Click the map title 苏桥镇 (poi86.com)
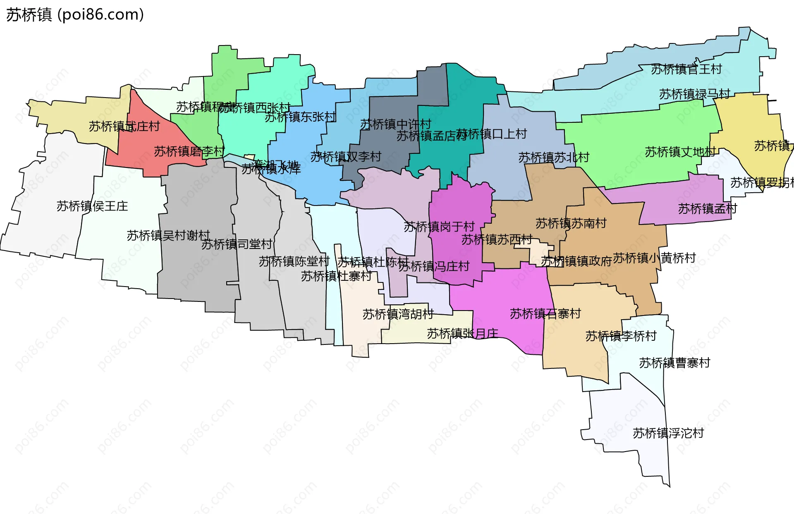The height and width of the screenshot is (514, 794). tap(75, 15)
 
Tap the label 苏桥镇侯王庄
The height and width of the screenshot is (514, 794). tap(92, 206)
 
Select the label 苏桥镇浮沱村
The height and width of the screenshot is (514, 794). tap(668, 433)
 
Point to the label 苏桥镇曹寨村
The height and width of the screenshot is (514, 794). tap(674, 363)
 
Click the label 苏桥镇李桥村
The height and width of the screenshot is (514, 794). tap(621, 336)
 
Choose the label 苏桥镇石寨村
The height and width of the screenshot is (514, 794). tap(545, 313)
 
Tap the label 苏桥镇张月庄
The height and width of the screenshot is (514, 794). tap(462, 333)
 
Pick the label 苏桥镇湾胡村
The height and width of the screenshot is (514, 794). tap(398, 314)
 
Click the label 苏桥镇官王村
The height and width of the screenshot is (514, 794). tap(686, 69)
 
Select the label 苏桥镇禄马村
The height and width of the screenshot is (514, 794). tap(694, 94)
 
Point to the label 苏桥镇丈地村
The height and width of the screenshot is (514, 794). tap(680, 152)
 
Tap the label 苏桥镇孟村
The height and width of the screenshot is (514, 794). tap(707, 209)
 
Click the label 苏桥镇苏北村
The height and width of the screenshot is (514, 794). tap(553, 157)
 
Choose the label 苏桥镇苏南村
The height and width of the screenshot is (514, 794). tap(571, 223)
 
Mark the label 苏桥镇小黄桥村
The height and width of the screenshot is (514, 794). tap(654, 258)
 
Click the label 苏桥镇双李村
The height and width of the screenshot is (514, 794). tap(346, 156)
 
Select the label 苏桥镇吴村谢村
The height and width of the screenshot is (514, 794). tap(168, 235)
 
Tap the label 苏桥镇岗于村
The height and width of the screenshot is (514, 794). tap(439, 227)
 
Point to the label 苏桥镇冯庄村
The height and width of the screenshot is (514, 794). tap(434, 266)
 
